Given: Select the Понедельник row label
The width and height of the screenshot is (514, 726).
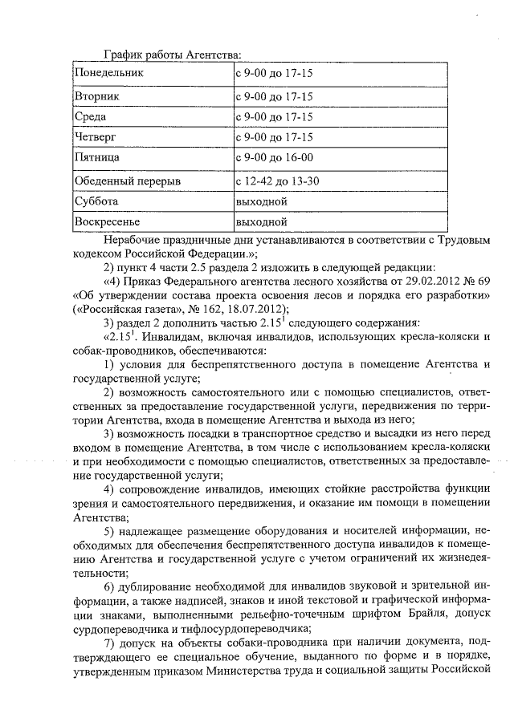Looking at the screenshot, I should (x=108, y=74).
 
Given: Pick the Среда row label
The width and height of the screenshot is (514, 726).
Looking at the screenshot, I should (x=91, y=117).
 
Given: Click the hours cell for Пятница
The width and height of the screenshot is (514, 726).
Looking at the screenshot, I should (x=274, y=158).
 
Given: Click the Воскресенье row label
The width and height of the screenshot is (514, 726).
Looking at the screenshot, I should (x=107, y=221).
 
